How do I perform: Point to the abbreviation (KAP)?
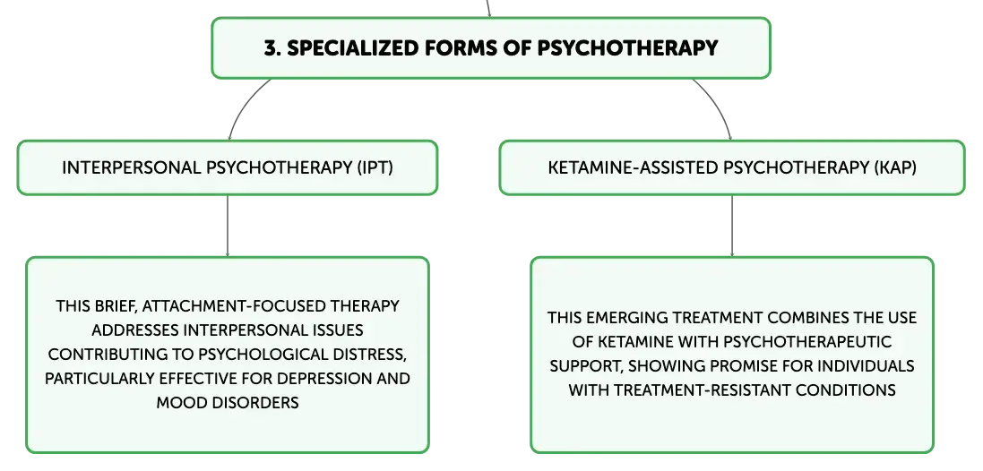[x=894, y=167]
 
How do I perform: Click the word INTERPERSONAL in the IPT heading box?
[x=132, y=167]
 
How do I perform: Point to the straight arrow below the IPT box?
[x=227, y=227]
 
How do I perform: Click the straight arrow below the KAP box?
[x=731, y=227]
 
